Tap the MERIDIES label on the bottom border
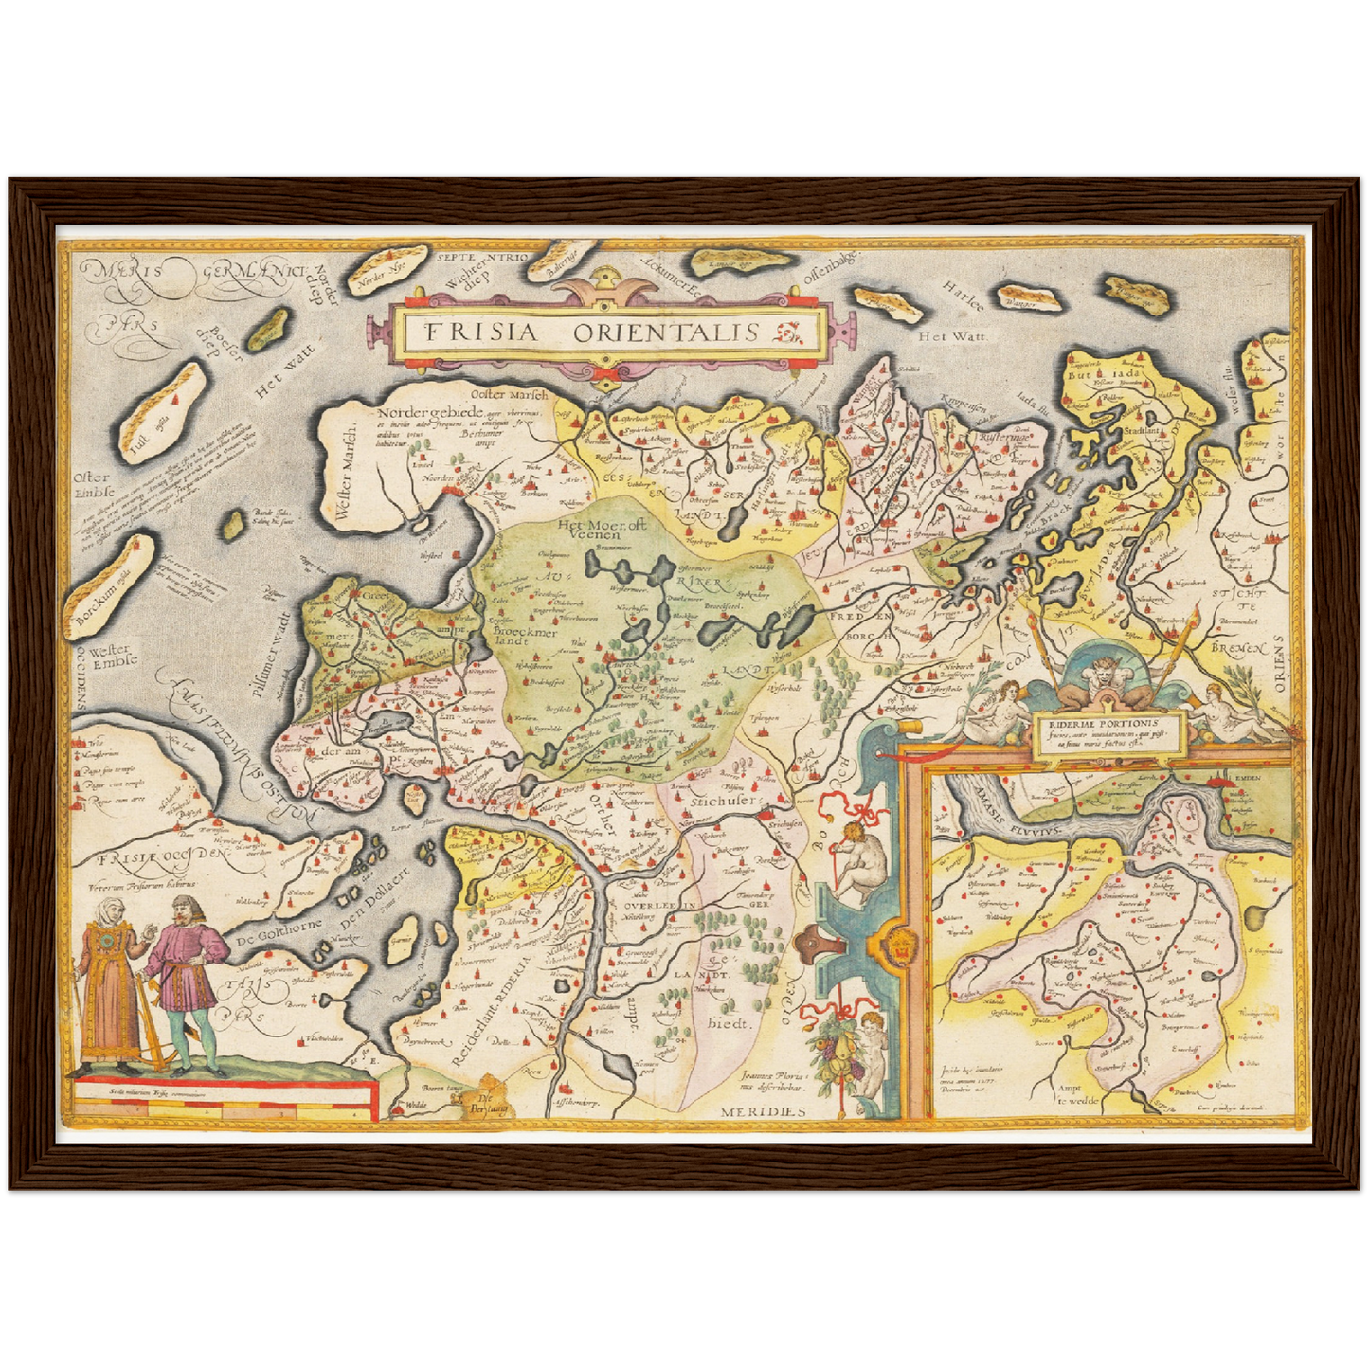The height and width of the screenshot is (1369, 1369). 760,1110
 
